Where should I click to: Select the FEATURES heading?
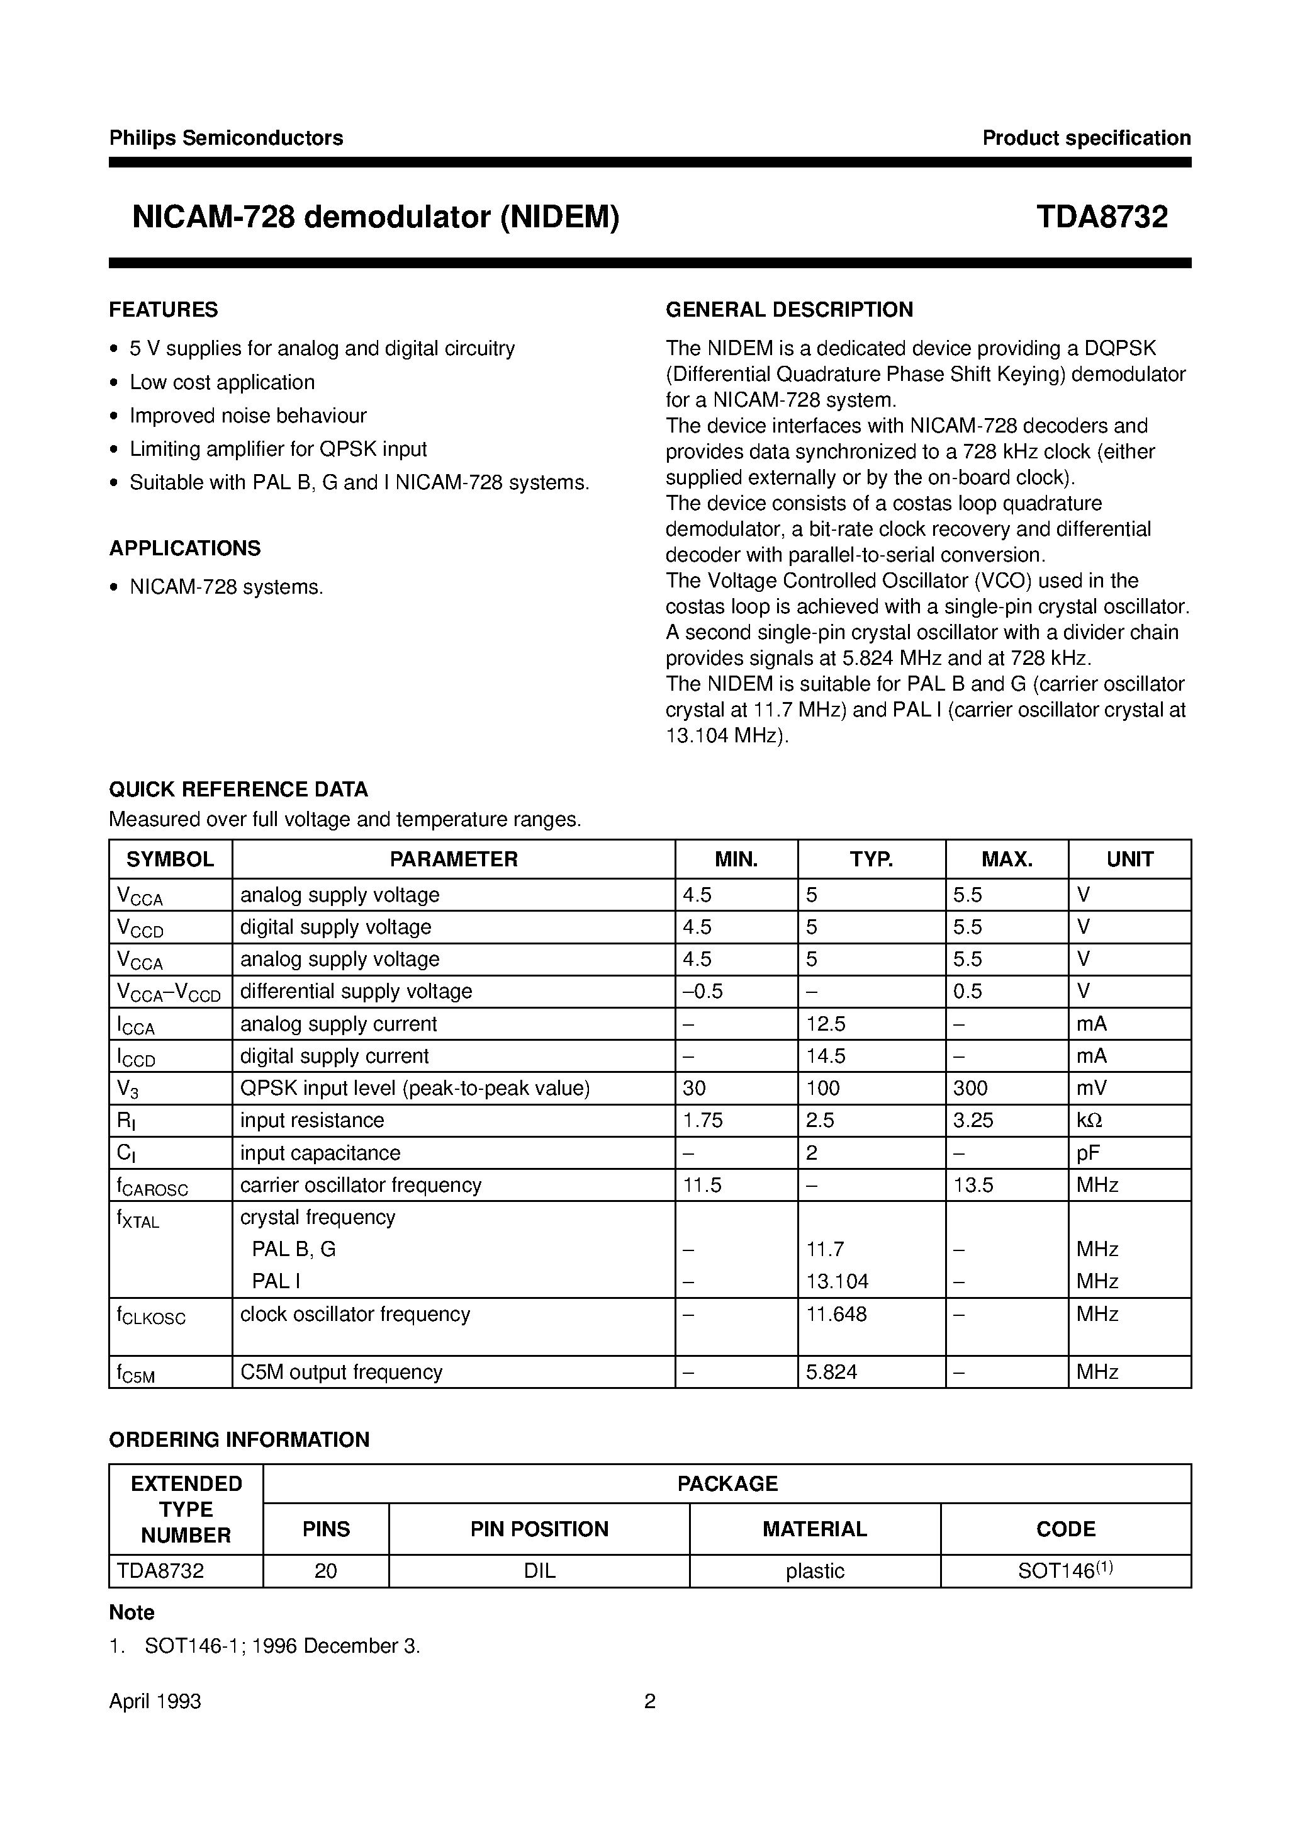[x=164, y=310]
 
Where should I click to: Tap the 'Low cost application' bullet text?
[x=222, y=382]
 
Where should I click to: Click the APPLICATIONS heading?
[x=185, y=548]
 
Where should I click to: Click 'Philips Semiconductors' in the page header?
[x=226, y=138]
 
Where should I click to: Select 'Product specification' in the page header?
[x=1086, y=138]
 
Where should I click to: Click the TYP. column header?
[x=871, y=859]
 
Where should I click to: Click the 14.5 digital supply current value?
[x=826, y=1056]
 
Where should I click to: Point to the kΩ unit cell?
[x=1089, y=1120]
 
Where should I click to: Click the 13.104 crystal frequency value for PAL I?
[x=837, y=1281]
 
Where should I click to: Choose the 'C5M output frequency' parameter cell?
[x=342, y=1372]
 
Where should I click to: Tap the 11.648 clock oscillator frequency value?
[x=836, y=1314]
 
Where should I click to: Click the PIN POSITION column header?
[x=539, y=1529]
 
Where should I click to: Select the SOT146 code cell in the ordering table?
[x=1065, y=1571]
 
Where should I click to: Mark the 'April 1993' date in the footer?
[x=155, y=1701]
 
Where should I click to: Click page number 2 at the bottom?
[x=650, y=1701]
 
